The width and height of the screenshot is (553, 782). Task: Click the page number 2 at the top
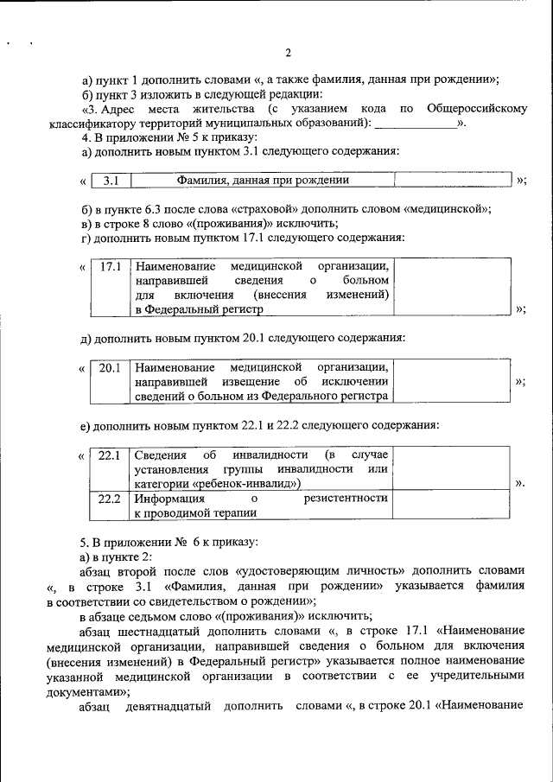click(288, 53)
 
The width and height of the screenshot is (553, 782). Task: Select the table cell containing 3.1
click(111, 181)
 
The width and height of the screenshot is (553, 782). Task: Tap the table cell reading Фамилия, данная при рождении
click(263, 181)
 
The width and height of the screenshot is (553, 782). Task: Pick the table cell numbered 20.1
click(111, 368)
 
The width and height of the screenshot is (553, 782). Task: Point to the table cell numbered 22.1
click(111, 455)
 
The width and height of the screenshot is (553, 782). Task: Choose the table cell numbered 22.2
click(111, 499)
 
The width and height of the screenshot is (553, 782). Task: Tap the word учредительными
click(481, 675)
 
